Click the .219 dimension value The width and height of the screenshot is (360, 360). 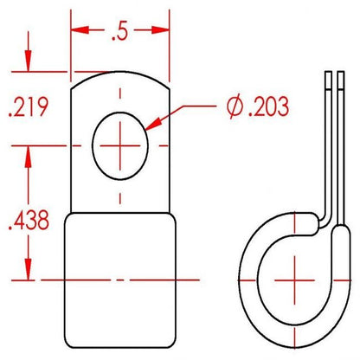coord(29,107)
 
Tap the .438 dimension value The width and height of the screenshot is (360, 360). coord(29,220)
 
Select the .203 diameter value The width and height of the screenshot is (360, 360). coord(268,106)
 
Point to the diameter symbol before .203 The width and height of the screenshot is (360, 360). coord(235,106)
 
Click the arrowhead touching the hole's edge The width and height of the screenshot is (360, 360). coord(153,124)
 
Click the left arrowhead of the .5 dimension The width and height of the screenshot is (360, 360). coord(80,29)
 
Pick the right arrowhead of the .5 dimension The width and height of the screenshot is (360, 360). coord(160,29)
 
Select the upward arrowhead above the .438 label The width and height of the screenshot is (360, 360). coord(28,157)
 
